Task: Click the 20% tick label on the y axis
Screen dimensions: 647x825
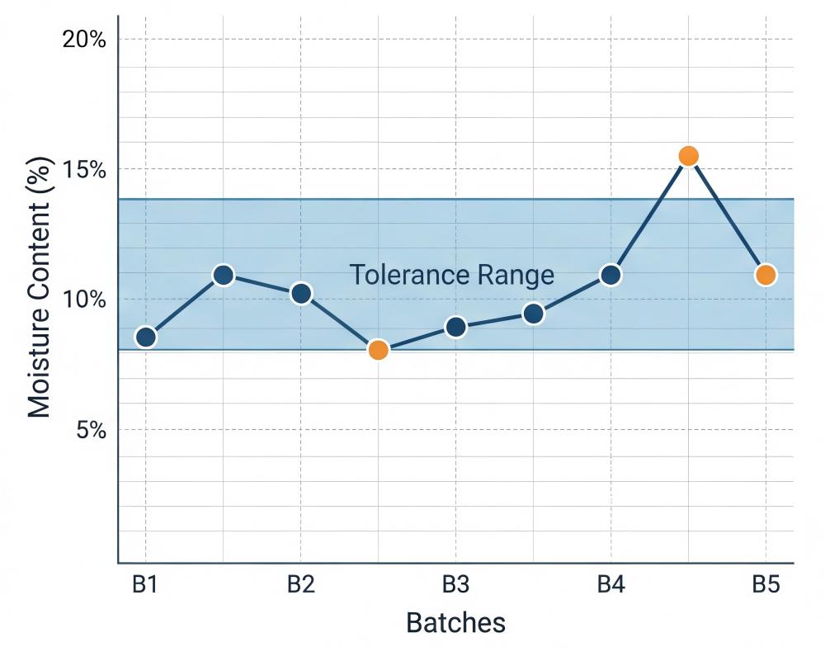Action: [84, 39]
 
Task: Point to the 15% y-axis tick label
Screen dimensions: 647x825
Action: [84, 169]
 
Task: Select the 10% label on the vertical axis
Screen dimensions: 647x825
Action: [84, 300]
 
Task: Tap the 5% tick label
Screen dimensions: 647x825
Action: [90, 430]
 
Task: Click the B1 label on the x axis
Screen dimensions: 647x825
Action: [145, 585]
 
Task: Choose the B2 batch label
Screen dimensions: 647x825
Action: [300, 585]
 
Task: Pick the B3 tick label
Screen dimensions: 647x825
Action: [455, 585]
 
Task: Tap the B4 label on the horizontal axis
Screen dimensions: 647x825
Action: [610, 585]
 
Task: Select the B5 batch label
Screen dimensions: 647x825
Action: [766, 585]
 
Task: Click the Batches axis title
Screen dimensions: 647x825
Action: [455, 621]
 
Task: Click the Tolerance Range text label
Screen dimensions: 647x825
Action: [451, 275]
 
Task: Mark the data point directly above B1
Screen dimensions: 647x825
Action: [146, 337]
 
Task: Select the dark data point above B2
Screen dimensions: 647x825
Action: [301, 293]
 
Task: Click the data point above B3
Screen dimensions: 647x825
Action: [456, 327]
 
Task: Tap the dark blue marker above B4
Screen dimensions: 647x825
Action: [610, 275]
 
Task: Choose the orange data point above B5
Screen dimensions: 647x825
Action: [766, 275]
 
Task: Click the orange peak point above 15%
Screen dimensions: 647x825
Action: [688, 156]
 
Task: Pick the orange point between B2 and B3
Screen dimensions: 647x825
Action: [378, 350]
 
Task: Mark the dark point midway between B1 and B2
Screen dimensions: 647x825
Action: [223, 275]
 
